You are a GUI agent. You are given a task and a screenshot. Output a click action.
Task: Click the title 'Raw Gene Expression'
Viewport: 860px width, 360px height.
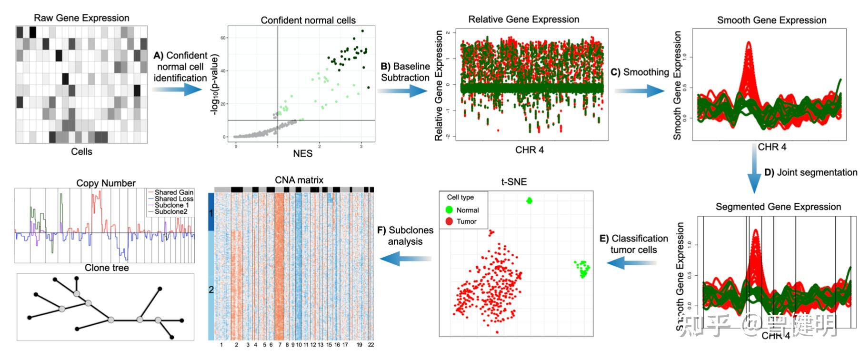pyautogui.click(x=81, y=18)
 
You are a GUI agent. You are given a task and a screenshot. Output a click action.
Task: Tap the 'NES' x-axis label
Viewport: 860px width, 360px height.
pyautogui.click(x=303, y=153)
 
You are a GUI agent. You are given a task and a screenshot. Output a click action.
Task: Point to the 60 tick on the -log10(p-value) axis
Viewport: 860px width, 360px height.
pyautogui.click(x=223, y=38)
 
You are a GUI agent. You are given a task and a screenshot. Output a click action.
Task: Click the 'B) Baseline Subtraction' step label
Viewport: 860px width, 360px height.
pyautogui.click(x=405, y=72)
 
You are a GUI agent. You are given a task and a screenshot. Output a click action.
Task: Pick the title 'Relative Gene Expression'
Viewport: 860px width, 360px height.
pyautogui.click(x=523, y=20)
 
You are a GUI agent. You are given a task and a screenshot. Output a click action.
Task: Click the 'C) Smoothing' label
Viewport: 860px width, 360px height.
pyautogui.click(x=640, y=72)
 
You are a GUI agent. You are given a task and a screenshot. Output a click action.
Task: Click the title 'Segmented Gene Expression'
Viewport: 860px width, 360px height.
pyautogui.click(x=778, y=207)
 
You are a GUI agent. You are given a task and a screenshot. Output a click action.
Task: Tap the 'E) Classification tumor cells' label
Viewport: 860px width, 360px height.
pyautogui.click(x=633, y=244)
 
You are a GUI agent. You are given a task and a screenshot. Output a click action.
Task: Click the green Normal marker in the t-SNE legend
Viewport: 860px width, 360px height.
pyautogui.click(x=449, y=210)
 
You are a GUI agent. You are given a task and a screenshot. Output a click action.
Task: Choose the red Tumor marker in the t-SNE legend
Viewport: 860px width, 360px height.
pyautogui.click(x=449, y=221)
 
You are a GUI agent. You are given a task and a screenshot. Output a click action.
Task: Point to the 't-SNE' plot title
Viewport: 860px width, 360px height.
pyautogui.click(x=514, y=182)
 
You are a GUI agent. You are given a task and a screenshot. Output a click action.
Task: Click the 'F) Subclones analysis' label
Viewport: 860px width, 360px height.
pyautogui.click(x=405, y=236)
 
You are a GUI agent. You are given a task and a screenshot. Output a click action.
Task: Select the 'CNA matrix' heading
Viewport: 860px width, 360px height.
pyautogui.click(x=299, y=180)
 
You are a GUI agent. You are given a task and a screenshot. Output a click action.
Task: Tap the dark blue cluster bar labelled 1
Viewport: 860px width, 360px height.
pyautogui.click(x=211, y=212)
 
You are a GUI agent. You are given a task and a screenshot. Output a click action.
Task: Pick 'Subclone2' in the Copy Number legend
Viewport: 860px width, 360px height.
pyautogui.click(x=170, y=212)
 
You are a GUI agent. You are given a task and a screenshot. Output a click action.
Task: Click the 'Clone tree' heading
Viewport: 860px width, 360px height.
pyautogui.click(x=107, y=268)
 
